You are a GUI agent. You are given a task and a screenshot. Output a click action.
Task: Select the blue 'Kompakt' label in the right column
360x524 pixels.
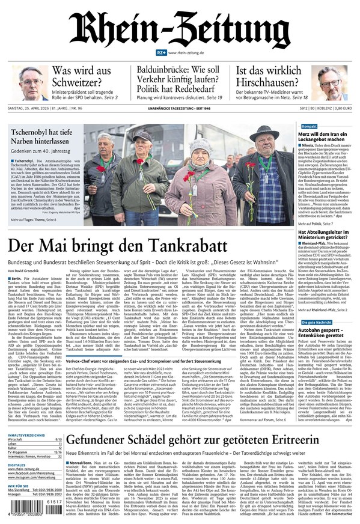click(x=308, y=127)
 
